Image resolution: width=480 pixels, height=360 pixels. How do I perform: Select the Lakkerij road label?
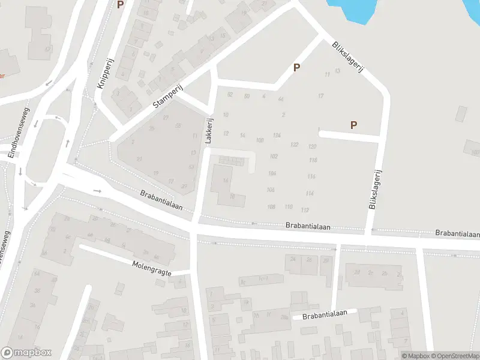209,128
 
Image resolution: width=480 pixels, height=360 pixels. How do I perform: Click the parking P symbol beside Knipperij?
120,5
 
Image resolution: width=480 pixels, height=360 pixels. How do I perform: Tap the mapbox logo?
26,353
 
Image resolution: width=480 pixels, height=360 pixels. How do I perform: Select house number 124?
277,136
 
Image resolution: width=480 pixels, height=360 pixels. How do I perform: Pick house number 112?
305,210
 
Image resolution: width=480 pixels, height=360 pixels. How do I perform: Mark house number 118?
313,160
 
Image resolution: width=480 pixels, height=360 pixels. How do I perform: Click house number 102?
274,156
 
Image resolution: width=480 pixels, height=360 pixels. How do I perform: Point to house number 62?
229,95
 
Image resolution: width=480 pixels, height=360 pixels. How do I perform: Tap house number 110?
289,207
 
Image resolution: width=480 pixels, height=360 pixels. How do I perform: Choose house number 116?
311,176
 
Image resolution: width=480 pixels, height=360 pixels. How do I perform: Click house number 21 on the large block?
139,159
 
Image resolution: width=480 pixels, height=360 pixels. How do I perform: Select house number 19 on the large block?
156,173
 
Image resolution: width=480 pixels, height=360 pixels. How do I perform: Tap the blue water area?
354,9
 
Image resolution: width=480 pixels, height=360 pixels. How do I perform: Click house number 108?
271,206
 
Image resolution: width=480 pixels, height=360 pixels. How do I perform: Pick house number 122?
294,145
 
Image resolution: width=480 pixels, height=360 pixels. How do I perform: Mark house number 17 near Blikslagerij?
321,96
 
